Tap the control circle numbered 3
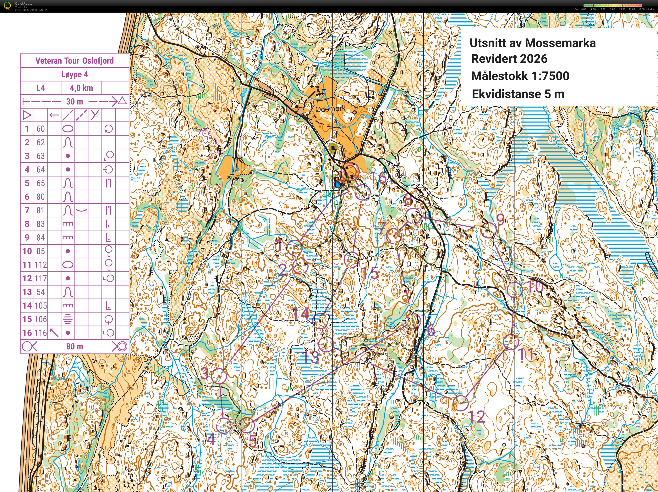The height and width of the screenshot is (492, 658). [219, 376]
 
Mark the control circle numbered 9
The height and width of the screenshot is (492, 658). [488, 230]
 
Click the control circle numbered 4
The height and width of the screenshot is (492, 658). [223, 425]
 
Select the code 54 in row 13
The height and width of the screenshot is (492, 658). [41, 292]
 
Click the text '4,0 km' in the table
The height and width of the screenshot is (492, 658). [81, 88]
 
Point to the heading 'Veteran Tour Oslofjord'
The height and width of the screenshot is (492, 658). [74, 61]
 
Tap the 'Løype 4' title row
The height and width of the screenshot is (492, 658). [74, 74]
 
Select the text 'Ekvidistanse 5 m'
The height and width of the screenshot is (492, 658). [518, 94]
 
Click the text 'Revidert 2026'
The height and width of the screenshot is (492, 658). [509, 59]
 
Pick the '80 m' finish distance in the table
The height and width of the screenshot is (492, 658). [74, 346]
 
